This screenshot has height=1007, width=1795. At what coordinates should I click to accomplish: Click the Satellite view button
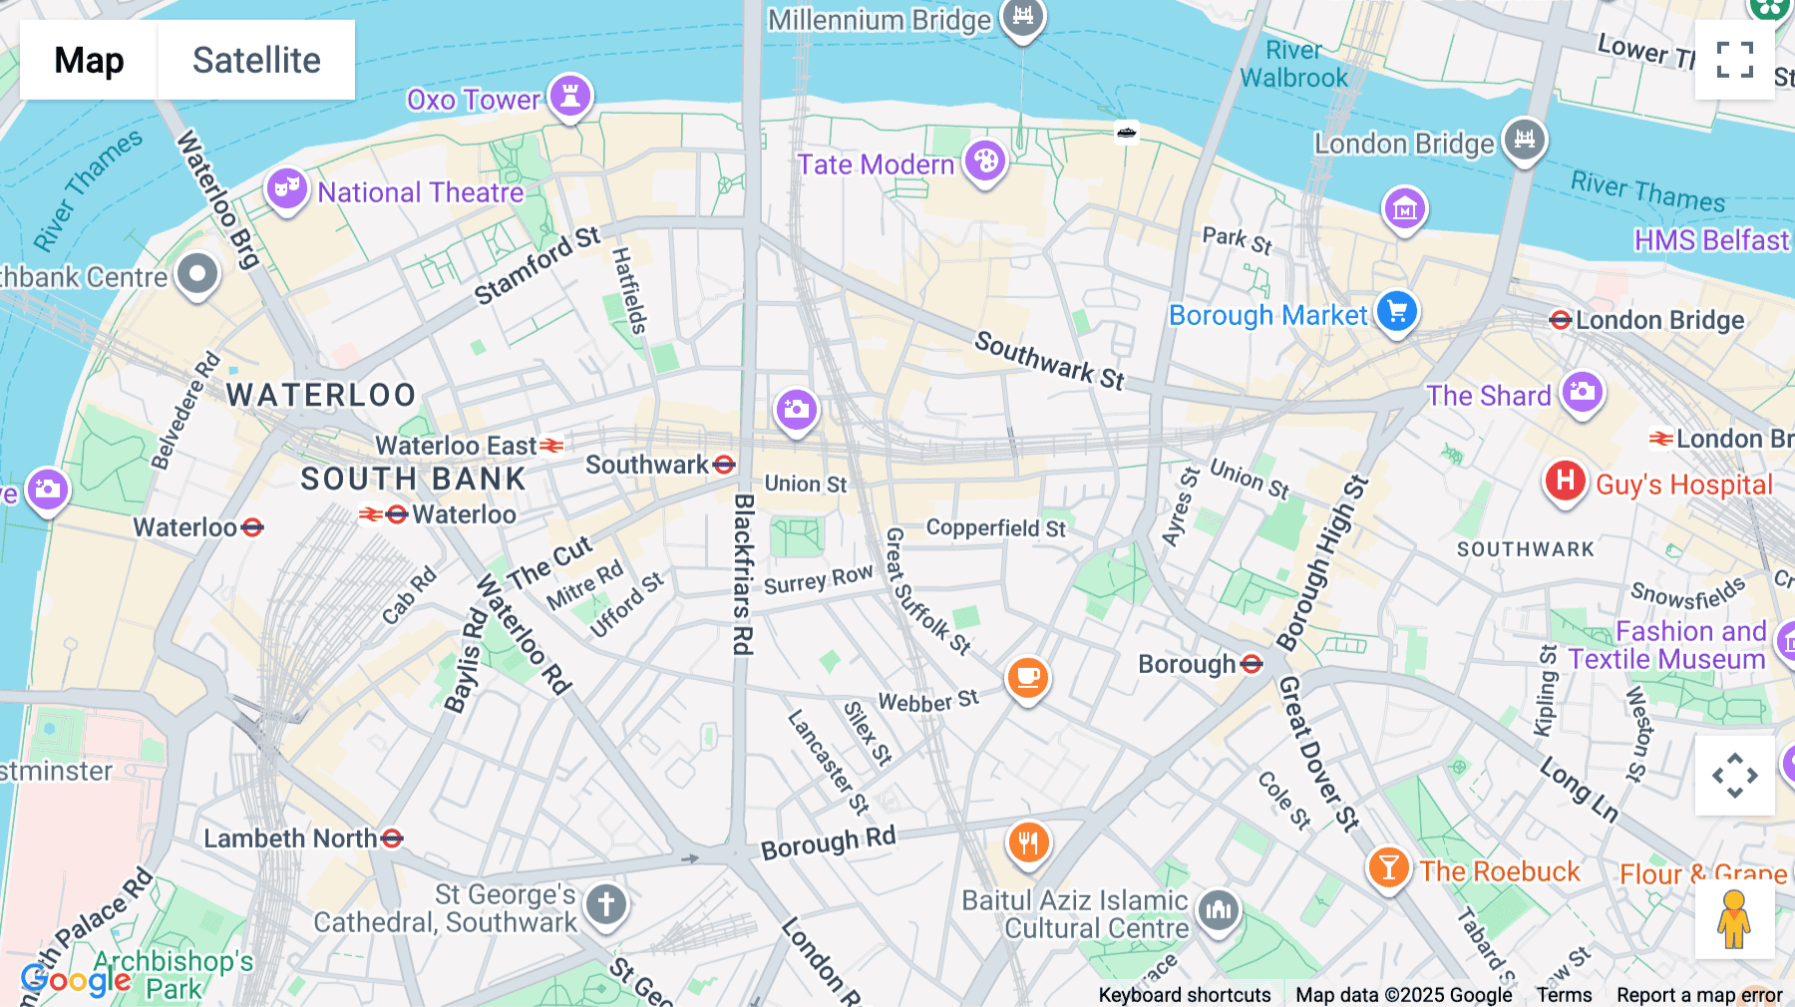[x=256, y=61]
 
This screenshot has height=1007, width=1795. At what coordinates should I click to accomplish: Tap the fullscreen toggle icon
[x=1734, y=60]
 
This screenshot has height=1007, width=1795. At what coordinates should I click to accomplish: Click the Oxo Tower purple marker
[x=570, y=97]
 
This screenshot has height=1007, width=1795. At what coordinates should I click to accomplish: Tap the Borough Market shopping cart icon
[x=1396, y=312]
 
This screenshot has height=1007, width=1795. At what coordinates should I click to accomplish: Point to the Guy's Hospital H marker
[x=1565, y=482]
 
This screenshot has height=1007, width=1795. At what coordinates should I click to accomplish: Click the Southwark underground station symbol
[x=725, y=465]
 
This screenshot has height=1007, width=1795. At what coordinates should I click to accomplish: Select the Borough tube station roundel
[x=1253, y=664]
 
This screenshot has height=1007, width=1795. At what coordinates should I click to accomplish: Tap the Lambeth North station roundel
[x=393, y=839]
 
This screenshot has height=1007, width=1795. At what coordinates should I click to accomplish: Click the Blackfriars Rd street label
[x=742, y=574]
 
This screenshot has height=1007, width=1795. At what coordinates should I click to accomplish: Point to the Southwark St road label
[x=1049, y=360]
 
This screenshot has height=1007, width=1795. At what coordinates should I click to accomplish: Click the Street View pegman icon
[x=1734, y=919]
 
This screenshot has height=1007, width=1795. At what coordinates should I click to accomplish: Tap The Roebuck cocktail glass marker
[x=1388, y=868]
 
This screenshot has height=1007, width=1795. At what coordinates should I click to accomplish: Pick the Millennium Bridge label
[x=879, y=20]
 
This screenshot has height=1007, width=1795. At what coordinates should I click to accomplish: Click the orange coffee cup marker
[x=1027, y=679]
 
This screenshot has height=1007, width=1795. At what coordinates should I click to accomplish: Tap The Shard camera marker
[x=1583, y=392]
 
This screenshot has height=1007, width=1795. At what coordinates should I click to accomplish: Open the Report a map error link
[x=1699, y=995]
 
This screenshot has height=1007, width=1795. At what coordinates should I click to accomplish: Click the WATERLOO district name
[x=321, y=395]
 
